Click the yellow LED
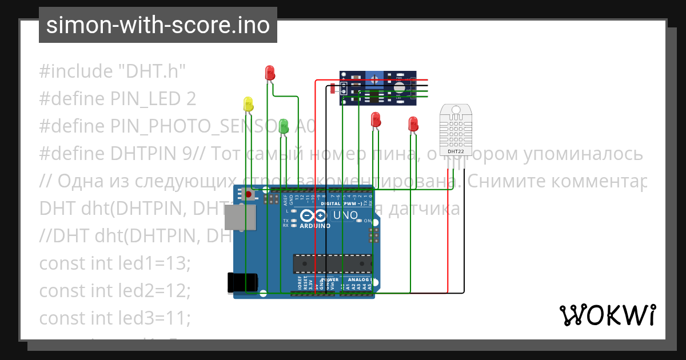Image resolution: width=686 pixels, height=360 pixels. click(248, 104)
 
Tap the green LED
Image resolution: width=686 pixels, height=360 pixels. click(284, 127)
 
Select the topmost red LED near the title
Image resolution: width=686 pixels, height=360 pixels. click(270, 73)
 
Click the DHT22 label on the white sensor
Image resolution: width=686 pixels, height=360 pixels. click(456, 152)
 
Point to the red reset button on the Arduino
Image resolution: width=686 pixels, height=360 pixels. click(249, 195)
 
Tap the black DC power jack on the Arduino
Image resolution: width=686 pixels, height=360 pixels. click(243, 282)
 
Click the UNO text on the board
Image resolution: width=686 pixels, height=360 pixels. click(345, 215)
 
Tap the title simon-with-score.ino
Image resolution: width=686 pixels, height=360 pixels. click(158, 25)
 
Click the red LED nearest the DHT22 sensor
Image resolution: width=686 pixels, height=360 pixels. click(413, 123)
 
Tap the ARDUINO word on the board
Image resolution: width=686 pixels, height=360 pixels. click(315, 226)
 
